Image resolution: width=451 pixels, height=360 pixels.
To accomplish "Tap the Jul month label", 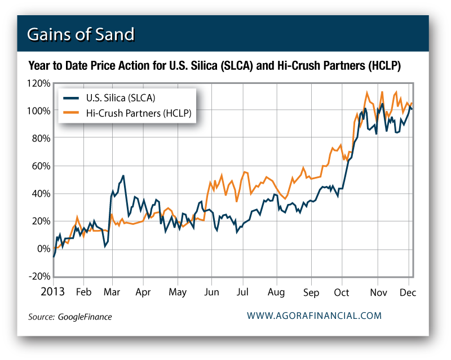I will (243, 292).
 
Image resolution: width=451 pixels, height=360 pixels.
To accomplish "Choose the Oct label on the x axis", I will (342, 292).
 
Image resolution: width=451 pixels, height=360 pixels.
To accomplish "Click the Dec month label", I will (408, 292).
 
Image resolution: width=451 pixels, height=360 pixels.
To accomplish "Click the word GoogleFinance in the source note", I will (85, 317).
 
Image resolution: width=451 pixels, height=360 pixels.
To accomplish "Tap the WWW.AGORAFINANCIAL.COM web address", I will (314, 316).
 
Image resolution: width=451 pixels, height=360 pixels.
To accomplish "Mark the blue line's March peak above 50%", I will (123, 176).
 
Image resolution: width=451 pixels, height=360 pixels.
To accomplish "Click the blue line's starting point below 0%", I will (54, 257).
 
